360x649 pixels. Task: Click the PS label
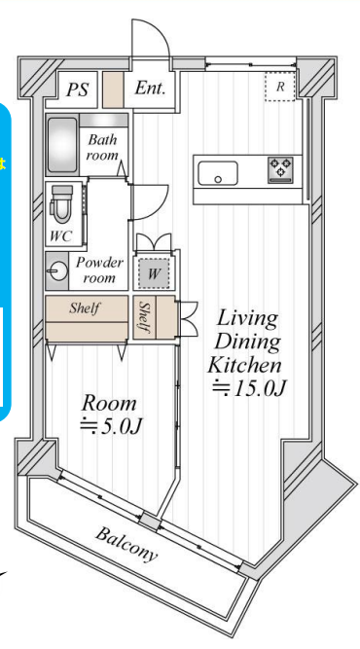coord(78,90)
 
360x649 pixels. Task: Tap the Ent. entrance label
coord(150,88)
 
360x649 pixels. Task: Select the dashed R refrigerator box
coord(280,87)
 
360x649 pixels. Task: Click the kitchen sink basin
coord(218,173)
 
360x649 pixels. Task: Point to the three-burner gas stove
coord(281,169)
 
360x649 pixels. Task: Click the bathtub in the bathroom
coord(62,145)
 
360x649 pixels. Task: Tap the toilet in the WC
coord(60,204)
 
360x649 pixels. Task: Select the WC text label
coord(61,236)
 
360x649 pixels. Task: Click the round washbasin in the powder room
coord(56,271)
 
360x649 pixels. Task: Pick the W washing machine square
coord(154,273)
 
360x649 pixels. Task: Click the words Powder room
coord(99,270)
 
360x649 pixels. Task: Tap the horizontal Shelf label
coord(85,307)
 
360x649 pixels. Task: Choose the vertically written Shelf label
coord(144,317)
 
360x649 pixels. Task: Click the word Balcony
coord(126,544)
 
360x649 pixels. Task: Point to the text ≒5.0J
coord(111,426)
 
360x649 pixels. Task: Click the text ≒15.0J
coord(249,388)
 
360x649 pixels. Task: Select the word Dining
coord(248,343)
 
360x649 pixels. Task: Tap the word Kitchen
coord(244,365)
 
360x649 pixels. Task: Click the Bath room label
coord(102,148)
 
